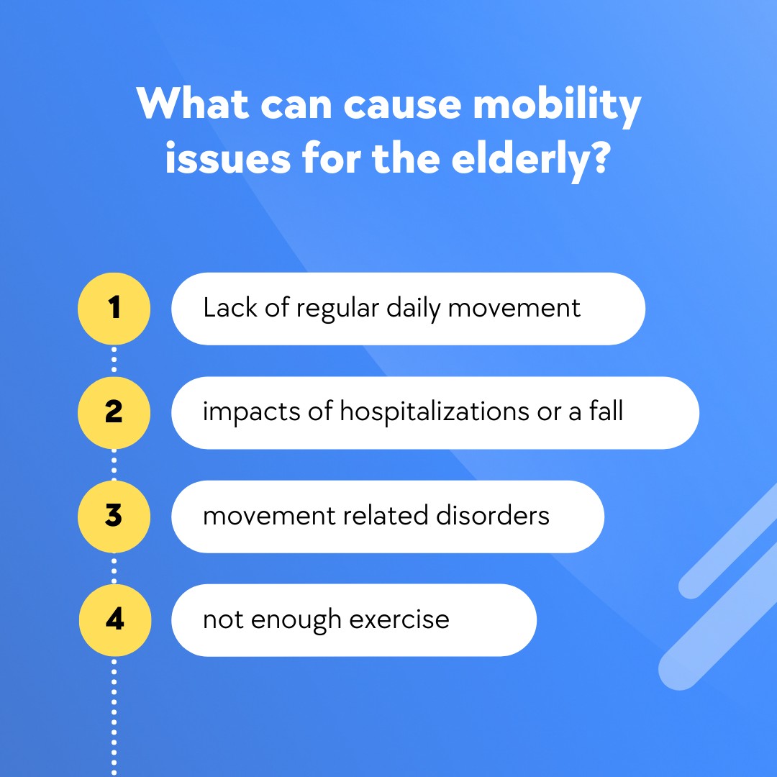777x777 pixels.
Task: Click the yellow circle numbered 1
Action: (x=114, y=309)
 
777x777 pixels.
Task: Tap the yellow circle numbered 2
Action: (x=114, y=413)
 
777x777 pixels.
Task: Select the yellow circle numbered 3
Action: (x=114, y=517)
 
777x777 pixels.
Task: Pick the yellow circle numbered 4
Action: (x=115, y=620)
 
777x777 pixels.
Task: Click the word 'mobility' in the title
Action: (x=557, y=106)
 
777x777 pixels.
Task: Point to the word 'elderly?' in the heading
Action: (x=530, y=159)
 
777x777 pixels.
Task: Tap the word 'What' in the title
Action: (x=192, y=104)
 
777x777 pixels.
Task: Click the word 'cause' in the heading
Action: (x=402, y=106)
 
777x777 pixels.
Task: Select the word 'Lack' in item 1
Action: (x=230, y=308)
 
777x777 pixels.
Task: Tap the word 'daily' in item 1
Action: (x=413, y=309)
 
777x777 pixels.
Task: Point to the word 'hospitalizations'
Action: (x=435, y=412)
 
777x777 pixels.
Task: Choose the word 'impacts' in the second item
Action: (x=251, y=413)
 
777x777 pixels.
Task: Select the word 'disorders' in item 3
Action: (x=493, y=515)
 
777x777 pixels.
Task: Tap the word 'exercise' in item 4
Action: (x=399, y=619)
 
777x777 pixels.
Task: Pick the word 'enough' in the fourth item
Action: (x=296, y=620)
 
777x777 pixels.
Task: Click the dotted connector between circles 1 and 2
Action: (x=114, y=360)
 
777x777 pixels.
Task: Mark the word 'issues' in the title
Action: (x=228, y=159)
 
